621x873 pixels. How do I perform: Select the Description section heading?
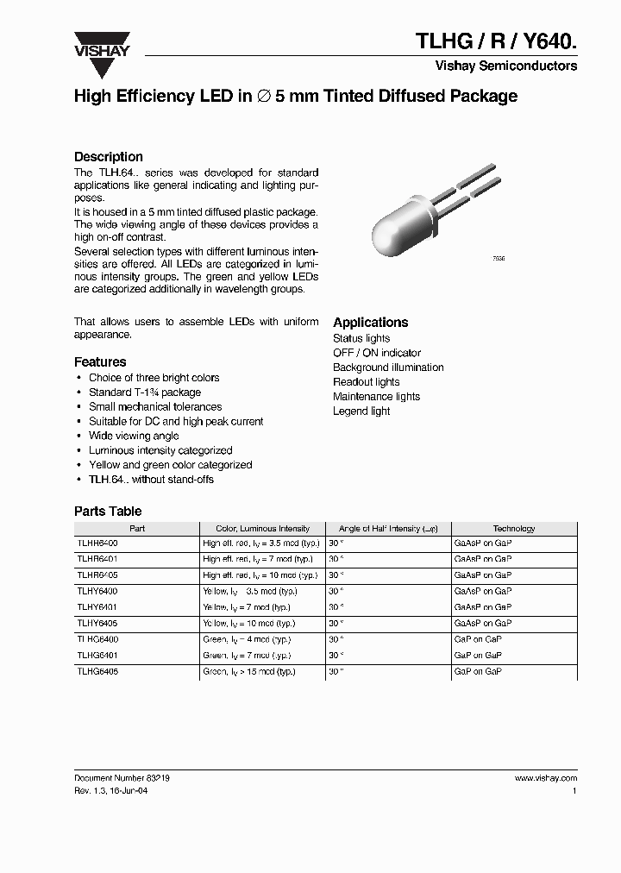(108, 157)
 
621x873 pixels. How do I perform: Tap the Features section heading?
(100, 362)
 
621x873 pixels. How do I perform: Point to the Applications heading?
(370, 323)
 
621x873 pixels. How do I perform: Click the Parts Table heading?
(107, 512)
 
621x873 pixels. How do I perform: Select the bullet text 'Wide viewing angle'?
(134, 436)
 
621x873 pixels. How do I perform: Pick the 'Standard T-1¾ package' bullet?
(144, 392)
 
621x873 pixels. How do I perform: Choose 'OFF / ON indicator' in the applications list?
(377, 353)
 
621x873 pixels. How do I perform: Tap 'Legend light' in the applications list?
(361, 411)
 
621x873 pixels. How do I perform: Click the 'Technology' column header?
(513, 529)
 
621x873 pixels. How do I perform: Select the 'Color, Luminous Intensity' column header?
(262, 529)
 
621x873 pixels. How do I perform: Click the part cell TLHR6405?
(97, 575)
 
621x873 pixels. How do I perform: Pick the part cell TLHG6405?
(97, 671)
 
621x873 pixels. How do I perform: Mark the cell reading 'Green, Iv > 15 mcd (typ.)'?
(248, 671)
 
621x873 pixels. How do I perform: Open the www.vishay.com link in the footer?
(545, 777)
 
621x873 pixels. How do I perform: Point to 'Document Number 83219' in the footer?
(122, 777)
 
